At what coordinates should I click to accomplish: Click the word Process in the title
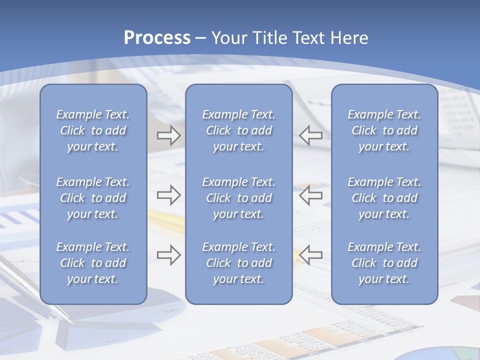[x=157, y=38]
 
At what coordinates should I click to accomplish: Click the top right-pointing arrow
[x=168, y=135]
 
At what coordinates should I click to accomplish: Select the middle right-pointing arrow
[x=168, y=195]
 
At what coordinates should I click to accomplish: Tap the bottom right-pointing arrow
[x=168, y=254]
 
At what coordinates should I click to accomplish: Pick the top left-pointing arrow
[x=310, y=135]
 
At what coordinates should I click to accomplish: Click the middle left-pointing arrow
[x=310, y=195]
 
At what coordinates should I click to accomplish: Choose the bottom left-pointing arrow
[x=310, y=254]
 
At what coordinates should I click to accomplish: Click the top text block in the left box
[x=93, y=130]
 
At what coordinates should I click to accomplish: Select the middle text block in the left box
[x=93, y=198]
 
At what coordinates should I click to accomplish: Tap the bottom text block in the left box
[x=93, y=263]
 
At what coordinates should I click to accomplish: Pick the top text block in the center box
[x=238, y=130]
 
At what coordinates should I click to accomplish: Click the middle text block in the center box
[x=238, y=198]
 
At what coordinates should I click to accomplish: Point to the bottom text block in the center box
[x=238, y=263]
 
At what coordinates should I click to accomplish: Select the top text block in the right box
[x=384, y=130]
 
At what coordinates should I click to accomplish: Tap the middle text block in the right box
[x=384, y=198]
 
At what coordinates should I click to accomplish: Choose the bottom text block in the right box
[x=384, y=263]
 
